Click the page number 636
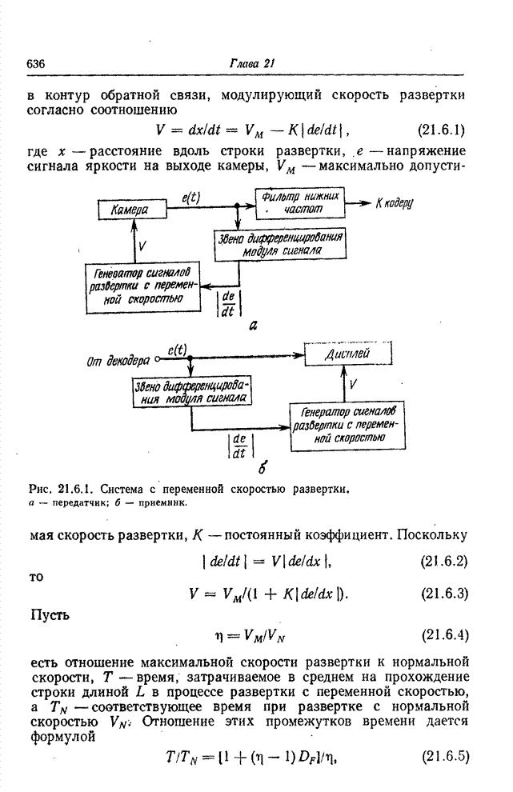tap(36, 64)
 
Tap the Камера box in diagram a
tap(131, 210)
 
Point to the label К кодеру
tap(394, 203)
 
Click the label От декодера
tap(118, 362)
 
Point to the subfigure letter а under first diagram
tap(252, 326)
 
